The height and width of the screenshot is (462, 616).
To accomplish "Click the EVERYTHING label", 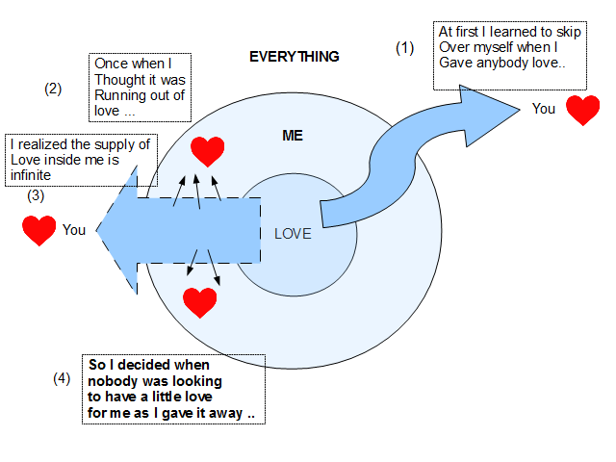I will [295, 57].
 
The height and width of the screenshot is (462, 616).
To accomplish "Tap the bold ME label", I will [293, 136].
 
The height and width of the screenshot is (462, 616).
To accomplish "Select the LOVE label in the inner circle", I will [293, 233].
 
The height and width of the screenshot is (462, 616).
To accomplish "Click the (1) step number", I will [405, 47].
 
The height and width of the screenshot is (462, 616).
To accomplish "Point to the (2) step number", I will [53, 89].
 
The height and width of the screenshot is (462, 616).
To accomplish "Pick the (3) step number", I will [35, 195].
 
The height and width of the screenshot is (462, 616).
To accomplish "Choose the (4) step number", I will [62, 378].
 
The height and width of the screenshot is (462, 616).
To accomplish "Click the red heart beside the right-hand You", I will [582, 110].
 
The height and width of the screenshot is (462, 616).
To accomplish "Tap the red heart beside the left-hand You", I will [38, 230].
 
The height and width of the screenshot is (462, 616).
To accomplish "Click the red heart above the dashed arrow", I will [207, 150].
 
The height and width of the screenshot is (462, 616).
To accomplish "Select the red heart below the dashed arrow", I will [200, 302].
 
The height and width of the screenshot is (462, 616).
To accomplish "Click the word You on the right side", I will [544, 109].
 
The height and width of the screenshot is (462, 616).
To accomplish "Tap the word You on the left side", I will [74, 230].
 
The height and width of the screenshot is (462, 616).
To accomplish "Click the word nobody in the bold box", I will [111, 381].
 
